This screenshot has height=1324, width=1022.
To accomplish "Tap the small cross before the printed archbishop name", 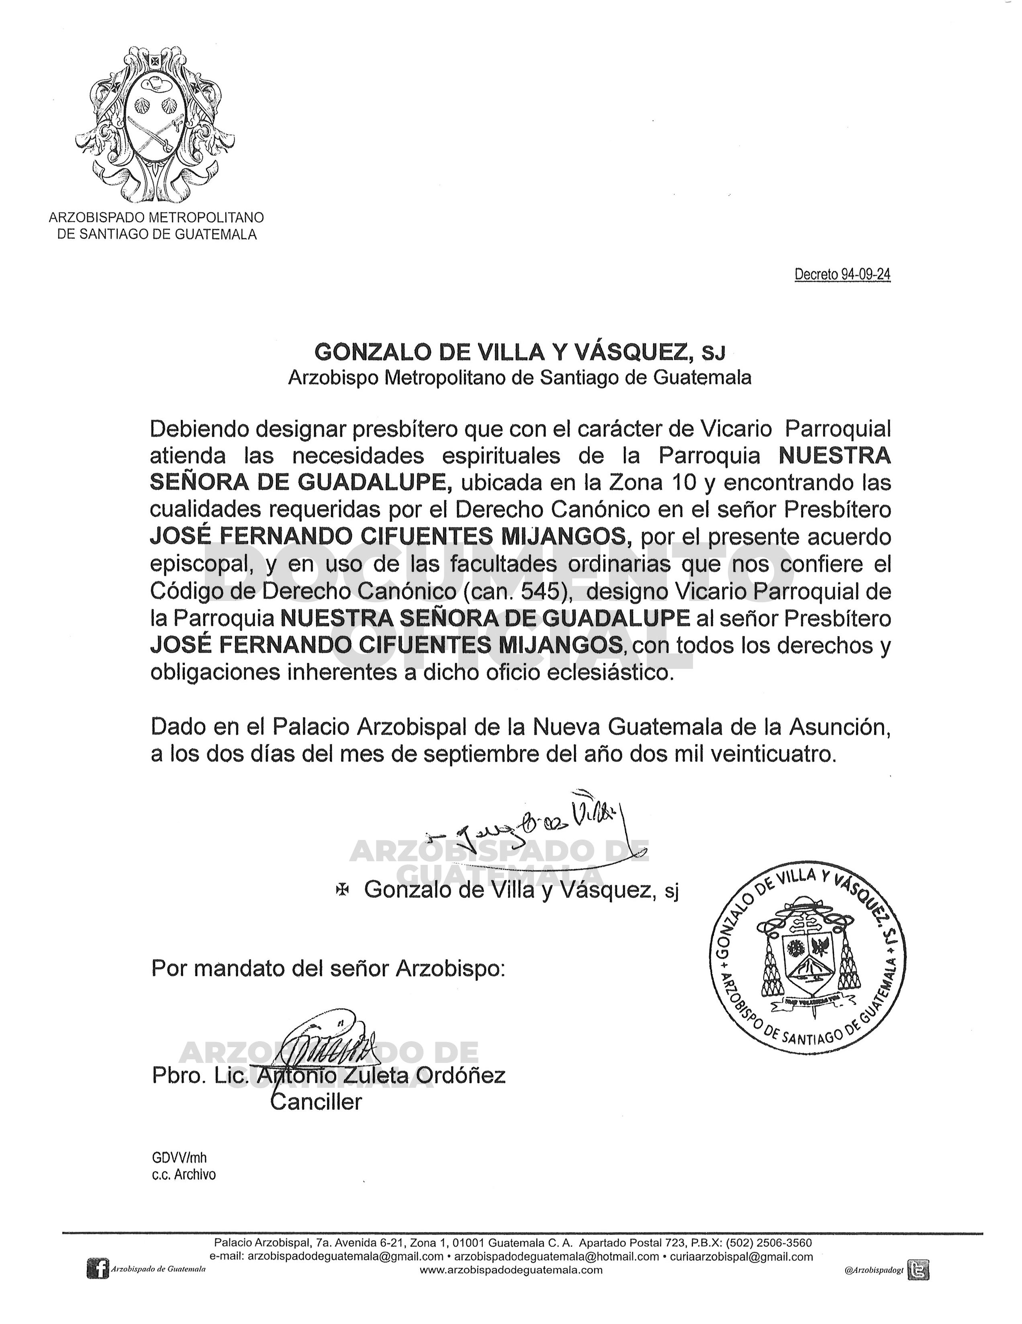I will [x=343, y=889].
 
